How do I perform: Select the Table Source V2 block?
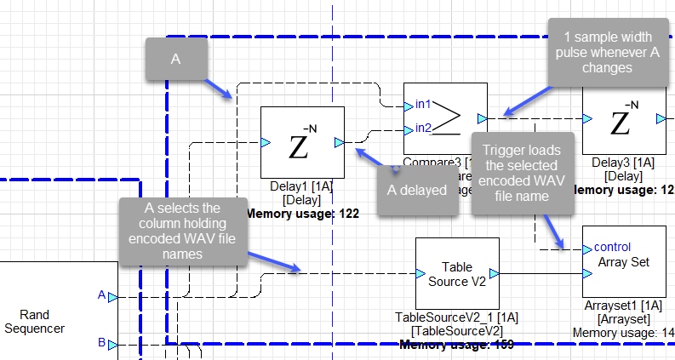click(x=456, y=273)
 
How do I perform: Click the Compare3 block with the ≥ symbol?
click(x=445, y=118)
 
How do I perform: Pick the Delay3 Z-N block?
click(x=624, y=118)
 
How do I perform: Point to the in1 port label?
click(x=423, y=105)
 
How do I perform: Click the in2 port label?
click(x=423, y=129)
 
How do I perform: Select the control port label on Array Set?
click(x=613, y=248)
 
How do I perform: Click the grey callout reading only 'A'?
click(x=176, y=60)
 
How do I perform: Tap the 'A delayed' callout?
click(x=417, y=190)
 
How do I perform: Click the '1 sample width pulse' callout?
click(x=609, y=53)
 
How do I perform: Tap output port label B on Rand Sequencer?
click(x=101, y=344)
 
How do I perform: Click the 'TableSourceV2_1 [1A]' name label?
click(x=456, y=317)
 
